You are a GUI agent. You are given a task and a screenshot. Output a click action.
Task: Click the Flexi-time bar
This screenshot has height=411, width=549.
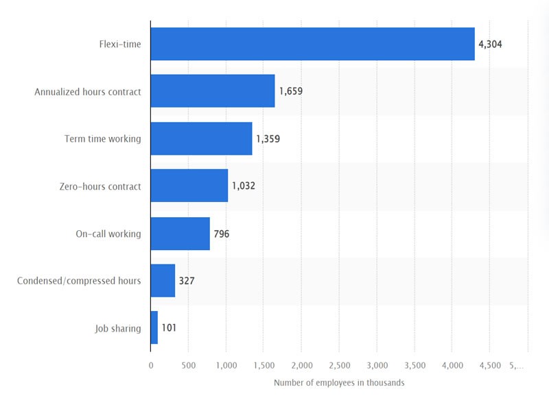312,45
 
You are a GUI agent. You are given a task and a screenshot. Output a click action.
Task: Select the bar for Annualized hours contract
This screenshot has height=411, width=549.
213,91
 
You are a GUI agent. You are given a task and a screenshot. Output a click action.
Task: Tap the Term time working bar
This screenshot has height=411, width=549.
201,138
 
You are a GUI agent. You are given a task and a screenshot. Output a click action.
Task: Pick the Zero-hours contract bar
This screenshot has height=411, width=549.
189,186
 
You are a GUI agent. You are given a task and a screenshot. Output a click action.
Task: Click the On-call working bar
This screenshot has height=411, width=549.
180,234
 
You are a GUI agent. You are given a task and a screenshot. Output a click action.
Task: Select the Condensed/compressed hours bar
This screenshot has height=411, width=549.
163,281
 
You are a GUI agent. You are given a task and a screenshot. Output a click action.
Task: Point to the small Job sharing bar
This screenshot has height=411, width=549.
154,327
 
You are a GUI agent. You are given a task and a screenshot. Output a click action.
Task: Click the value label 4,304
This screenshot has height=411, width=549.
491,45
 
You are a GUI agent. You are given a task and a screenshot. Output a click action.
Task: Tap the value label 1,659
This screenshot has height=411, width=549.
290,91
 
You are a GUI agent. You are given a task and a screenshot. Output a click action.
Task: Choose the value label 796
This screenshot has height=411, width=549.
221,234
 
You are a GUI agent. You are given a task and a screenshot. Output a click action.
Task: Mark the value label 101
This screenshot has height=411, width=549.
169,328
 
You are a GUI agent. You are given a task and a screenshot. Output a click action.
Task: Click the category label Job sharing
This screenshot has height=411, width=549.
117,328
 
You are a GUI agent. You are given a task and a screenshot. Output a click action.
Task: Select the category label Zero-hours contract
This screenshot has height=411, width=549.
100,186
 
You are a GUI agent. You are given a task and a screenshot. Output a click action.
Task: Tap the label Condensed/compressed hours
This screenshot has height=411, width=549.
79,281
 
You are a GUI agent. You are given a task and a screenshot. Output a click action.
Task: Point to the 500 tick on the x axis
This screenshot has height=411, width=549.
188,366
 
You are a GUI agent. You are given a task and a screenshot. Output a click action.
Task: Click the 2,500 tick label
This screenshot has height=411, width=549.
339,366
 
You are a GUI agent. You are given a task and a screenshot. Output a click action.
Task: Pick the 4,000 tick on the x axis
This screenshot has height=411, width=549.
452,366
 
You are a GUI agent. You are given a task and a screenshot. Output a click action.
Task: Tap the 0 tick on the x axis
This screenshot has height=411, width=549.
151,366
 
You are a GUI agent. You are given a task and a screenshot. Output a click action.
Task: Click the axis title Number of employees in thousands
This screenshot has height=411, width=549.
339,383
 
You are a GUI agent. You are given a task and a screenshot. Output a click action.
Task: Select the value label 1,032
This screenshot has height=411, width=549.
244,186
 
